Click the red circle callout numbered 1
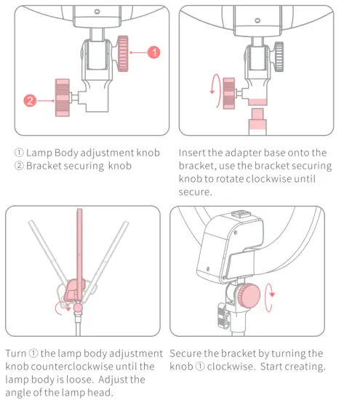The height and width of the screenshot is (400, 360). (154, 52)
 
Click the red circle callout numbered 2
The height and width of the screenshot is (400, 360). (30, 100)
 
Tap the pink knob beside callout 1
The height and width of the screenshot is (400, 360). (123, 54)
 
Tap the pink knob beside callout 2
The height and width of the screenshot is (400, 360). (63, 97)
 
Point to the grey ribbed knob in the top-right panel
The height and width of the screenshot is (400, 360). (279, 57)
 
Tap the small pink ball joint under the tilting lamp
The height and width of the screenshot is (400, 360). (78, 308)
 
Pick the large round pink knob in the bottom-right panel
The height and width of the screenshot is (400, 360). (249, 296)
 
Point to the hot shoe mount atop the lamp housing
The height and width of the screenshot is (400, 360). (241, 214)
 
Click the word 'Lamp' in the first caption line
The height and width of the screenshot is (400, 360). (39, 153)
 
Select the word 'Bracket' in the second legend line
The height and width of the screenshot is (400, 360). (44, 166)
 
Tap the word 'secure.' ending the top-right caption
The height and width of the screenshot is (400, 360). (195, 192)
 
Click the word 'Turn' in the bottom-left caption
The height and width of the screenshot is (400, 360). (16, 353)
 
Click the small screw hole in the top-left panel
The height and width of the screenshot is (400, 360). (97, 12)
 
